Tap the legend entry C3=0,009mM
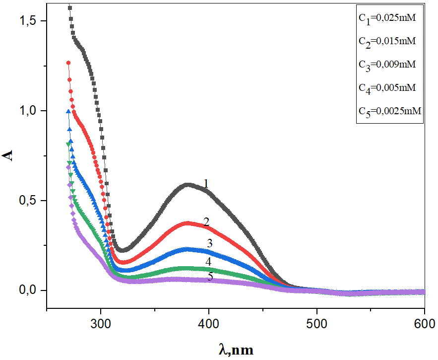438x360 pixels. [x=386, y=65]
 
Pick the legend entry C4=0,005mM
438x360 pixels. [x=386, y=88]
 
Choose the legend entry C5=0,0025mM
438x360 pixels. [x=389, y=111]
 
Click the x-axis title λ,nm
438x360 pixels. [x=236, y=350]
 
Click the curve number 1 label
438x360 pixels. [x=205, y=184]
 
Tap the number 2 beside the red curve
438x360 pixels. [x=206, y=222]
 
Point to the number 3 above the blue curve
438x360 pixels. [x=209, y=243]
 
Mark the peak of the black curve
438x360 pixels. [x=188, y=185]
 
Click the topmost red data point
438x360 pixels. [x=68, y=63]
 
